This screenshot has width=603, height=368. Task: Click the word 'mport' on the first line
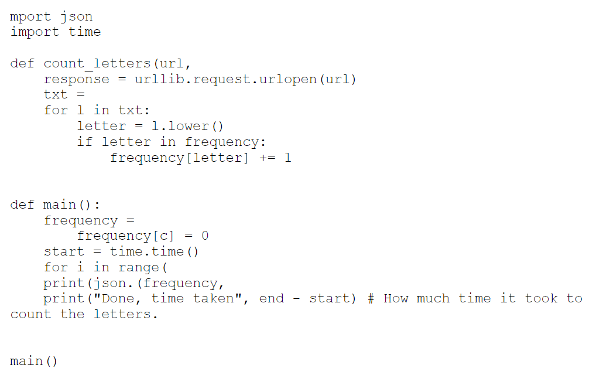coord(30,16)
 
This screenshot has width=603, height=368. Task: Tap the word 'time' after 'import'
coord(84,32)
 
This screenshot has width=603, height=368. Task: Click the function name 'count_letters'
coord(97,63)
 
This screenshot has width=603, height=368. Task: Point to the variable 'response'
coord(76,79)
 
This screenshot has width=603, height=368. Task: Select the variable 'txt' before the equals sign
coord(56,94)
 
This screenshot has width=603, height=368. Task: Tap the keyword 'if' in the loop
coord(84,142)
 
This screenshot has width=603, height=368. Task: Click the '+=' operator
coord(267,158)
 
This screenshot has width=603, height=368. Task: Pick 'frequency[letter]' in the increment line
coord(179,158)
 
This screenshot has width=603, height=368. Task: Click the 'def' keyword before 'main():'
coord(22,205)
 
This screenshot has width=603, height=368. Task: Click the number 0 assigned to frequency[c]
coord(204,236)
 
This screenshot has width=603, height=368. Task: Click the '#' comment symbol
coord(371,298)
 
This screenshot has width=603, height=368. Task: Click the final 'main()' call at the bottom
coord(34,361)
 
